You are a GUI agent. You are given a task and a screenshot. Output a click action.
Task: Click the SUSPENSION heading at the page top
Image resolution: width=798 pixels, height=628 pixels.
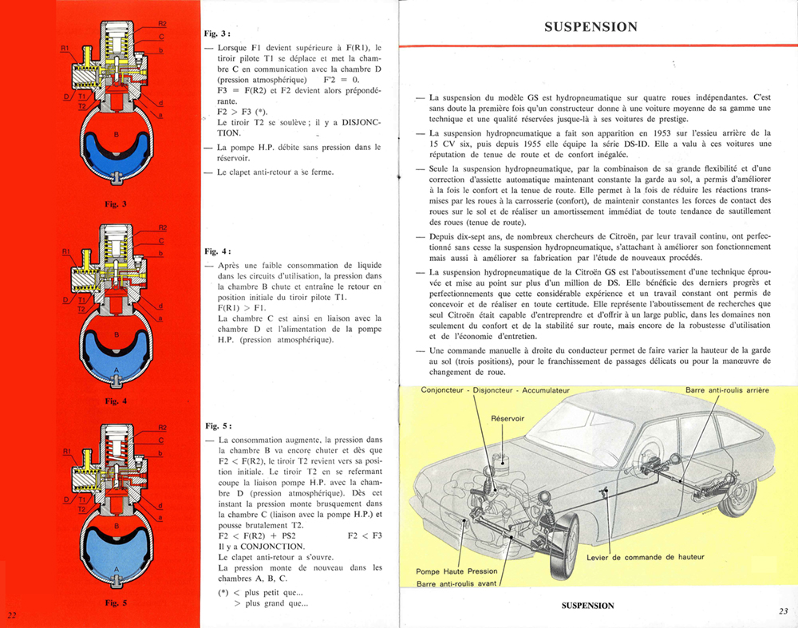click(591, 26)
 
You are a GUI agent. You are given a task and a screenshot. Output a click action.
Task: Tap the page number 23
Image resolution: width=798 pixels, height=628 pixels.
click(782, 611)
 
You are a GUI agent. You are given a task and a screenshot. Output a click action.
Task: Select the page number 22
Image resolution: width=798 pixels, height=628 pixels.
click(11, 614)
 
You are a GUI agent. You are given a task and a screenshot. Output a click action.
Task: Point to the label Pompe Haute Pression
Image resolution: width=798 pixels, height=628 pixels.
click(456, 571)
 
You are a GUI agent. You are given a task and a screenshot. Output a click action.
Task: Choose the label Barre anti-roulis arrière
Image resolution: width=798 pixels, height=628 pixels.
click(737, 390)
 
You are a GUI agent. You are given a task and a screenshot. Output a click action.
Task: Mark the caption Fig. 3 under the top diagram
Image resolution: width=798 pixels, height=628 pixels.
click(115, 205)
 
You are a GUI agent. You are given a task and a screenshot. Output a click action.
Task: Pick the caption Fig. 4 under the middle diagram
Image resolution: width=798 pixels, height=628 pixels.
click(115, 401)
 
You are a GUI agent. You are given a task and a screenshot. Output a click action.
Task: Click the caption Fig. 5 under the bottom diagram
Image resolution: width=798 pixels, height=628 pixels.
click(115, 603)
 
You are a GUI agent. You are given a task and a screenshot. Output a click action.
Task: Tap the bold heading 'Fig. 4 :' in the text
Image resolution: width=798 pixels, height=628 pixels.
click(218, 251)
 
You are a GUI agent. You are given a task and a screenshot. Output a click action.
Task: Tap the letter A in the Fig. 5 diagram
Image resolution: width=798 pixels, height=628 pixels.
click(117, 569)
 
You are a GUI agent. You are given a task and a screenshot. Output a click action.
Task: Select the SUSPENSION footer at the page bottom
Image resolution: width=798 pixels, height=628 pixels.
click(589, 606)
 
